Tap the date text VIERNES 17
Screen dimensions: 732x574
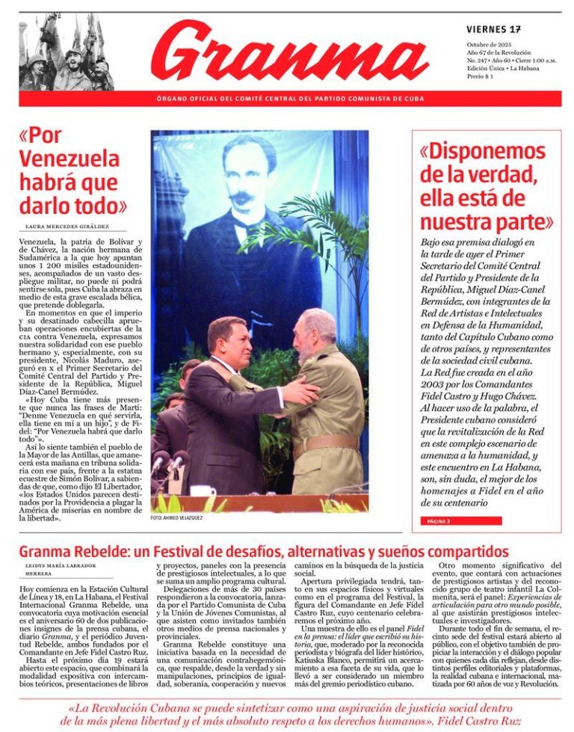point(493,29)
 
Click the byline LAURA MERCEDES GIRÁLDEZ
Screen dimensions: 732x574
point(67,226)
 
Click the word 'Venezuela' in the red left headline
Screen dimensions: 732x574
point(69,159)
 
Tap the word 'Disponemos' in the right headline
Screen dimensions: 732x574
point(483,152)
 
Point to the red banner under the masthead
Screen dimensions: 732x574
point(290,99)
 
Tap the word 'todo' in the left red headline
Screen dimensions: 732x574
point(99,206)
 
